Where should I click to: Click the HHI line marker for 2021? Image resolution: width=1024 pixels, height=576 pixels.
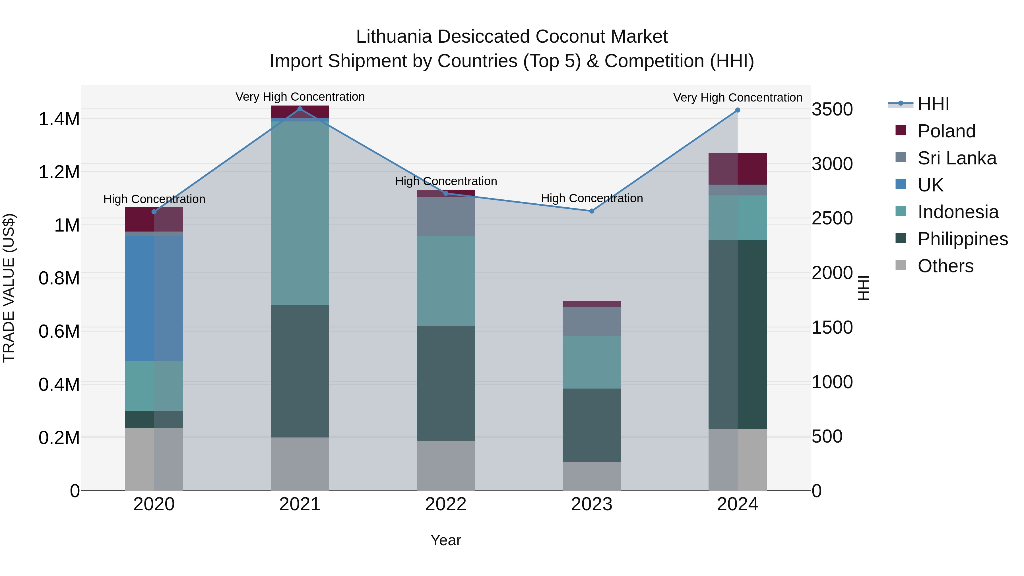tap(300, 109)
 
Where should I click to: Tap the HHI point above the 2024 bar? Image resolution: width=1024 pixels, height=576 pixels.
tap(737, 110)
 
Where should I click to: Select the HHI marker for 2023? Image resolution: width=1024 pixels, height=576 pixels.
tap(592, 211)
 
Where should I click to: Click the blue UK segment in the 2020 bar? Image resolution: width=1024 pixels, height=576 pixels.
tap(154, 298)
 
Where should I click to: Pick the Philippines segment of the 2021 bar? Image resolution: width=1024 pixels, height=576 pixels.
tap(300, 371)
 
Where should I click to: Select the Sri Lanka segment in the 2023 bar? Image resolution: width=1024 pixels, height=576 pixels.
tap(592, 321)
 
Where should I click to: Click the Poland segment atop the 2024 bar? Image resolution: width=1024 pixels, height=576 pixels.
tap(737, 169)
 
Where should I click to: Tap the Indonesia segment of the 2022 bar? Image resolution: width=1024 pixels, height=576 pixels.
tap(446, 281)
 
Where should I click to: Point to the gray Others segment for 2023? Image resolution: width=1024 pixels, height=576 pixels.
tap(592, 476)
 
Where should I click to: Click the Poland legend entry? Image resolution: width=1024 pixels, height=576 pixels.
tap(946, 131)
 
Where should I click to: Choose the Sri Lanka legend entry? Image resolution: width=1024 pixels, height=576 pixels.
tap(956, 158)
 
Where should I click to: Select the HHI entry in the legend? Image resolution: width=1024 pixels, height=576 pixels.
tap(933, 104)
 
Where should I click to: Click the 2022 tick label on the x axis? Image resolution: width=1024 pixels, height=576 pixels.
tap(446, 504)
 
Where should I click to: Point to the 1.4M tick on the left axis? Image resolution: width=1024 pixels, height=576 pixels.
tap(59, 119)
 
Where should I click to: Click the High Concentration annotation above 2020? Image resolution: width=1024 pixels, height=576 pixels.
tap(154, 199)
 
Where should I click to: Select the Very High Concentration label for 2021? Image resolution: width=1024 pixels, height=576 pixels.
tap(300, 97)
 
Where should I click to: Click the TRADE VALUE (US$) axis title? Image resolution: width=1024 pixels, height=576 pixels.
tap(9, 288)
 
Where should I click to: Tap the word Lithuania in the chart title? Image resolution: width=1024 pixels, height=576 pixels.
tap(394, 37)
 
